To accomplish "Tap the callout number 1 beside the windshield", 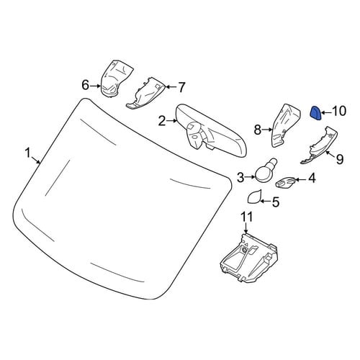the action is coord(28,153).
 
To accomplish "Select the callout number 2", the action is coord(162,122).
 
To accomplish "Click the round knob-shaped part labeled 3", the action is coord(266,172).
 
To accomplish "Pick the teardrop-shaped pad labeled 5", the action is coord(254,197).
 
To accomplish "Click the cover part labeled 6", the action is coord(117,78).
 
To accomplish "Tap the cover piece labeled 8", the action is coord(285,125).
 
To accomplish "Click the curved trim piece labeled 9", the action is coord(319,146).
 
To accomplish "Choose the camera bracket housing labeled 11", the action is coord(248,258).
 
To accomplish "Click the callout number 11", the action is coord(246,217).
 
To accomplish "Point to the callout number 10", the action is coord(339,111).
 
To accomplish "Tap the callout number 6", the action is coord(86,85).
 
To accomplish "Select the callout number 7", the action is coord(181,87).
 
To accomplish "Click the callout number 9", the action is coord(339,159).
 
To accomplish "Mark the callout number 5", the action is coord(276,202).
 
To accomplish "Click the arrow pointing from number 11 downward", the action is coord(246,228).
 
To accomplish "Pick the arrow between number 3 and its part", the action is coord(251,177).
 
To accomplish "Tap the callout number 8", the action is coord(257,130).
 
